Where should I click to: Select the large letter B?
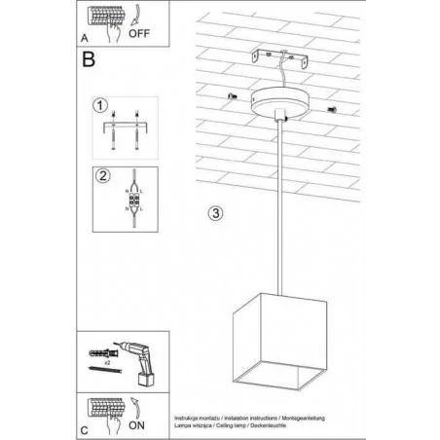(89, 60)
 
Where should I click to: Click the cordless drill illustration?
(135, 359)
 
